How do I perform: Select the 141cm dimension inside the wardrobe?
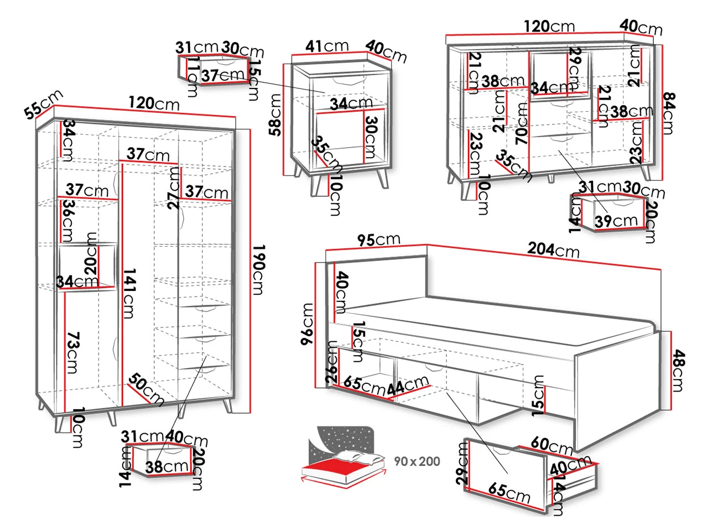[128, 293]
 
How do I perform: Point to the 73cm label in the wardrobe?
[72, 352]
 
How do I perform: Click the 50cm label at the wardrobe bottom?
[145, 390]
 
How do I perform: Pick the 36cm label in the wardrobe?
[67, 220]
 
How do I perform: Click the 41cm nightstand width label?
[327, 46]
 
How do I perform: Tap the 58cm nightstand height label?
[275, 114]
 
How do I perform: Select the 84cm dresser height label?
[667, 113]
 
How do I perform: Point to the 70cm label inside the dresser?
[522, 123]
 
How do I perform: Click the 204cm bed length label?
[553, 250]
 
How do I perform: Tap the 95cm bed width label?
[378, 240]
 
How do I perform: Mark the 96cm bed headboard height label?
[308, 324]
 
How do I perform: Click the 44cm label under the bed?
[408, 385]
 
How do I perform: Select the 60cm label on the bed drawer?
[551, 445]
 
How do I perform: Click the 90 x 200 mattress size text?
[417, 461]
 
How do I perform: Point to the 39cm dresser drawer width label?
[616, 221]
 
